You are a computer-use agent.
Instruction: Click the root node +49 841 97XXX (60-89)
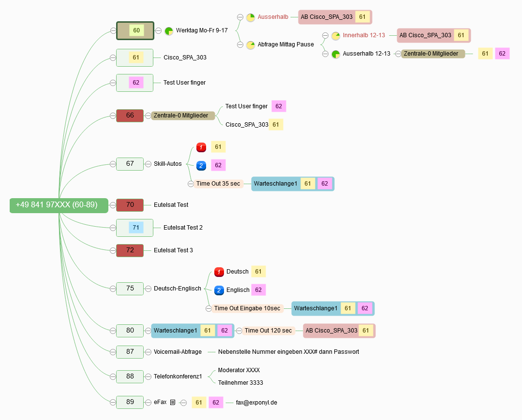tap(59, 205)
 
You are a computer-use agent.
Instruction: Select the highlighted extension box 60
tap(135, 30)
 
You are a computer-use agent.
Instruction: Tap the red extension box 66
tap(130, 116)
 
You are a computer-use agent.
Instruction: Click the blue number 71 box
tap(136, 228)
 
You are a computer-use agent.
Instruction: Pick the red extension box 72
tap(130, 250)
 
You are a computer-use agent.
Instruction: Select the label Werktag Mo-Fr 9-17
tap(202, 30)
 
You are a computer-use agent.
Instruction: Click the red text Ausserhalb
tap(273, 17)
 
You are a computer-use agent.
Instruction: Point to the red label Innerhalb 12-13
tap(364, 35)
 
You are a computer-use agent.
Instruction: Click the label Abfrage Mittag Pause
tap(285, 44)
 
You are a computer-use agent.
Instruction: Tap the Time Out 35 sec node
tap(218, 184)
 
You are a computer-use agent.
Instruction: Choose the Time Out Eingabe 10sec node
tap(247, 308)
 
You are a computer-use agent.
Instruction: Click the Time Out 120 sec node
tap(268, 331)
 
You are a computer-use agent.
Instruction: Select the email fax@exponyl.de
tap(256, 403)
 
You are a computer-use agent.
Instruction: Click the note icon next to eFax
tap(172, 403)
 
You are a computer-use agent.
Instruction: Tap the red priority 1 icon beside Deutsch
tap(219, 272)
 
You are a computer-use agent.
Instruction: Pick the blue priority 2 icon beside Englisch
tap(219, 290)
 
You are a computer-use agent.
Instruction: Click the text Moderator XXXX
tap(239, 370)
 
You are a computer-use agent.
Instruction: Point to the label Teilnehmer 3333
tap(240, 383)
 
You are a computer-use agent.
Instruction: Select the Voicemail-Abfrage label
tap(178, 352)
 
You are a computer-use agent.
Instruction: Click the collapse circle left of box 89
tap(113, 403)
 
